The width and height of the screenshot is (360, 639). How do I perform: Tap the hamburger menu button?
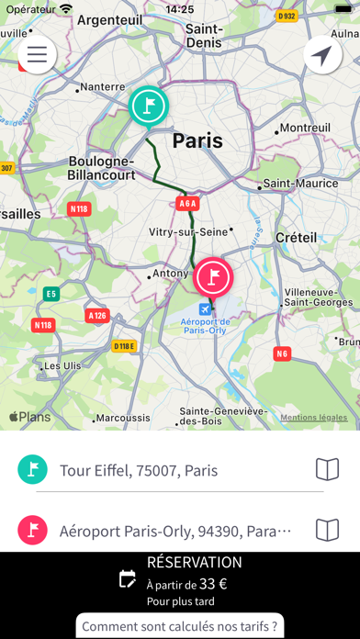[x=37, y=54]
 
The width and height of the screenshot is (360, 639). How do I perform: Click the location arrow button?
[x=322, y=55]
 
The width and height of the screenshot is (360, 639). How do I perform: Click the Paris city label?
[x=197, y=140]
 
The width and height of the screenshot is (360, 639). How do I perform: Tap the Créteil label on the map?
[x=296, y=238]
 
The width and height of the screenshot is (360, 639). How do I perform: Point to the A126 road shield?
[x=96, y=315]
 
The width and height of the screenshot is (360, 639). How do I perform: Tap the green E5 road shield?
[x=51, y=294]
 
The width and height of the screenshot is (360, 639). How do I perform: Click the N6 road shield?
[x=281, y=352]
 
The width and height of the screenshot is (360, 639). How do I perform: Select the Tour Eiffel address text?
[x=139, y=471]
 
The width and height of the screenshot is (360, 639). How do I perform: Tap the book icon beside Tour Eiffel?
[x=328, y=470]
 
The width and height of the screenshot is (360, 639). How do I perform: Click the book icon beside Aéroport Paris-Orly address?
[x=328, y=530]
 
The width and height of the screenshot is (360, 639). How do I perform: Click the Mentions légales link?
[x=314, y=418]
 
